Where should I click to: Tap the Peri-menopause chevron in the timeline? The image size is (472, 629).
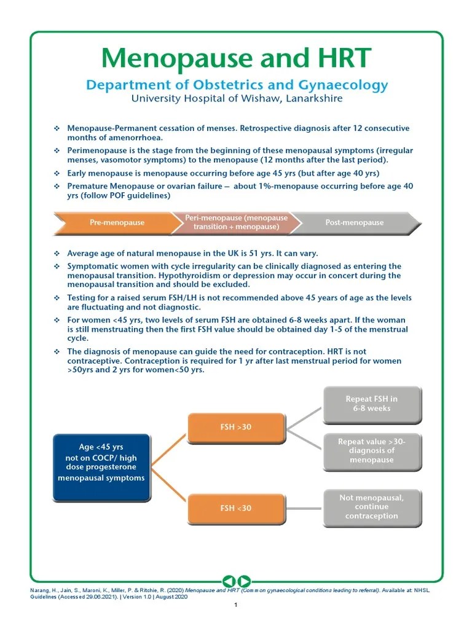236,222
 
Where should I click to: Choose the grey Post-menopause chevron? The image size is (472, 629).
354,222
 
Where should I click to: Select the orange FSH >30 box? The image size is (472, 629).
236,427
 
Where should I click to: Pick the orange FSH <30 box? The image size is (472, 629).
236,508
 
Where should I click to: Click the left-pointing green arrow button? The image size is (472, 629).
228,580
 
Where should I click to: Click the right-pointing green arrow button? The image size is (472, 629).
244,580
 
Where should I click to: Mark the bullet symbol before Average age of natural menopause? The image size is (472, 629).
57,253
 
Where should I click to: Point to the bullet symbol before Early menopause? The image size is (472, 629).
57,173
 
